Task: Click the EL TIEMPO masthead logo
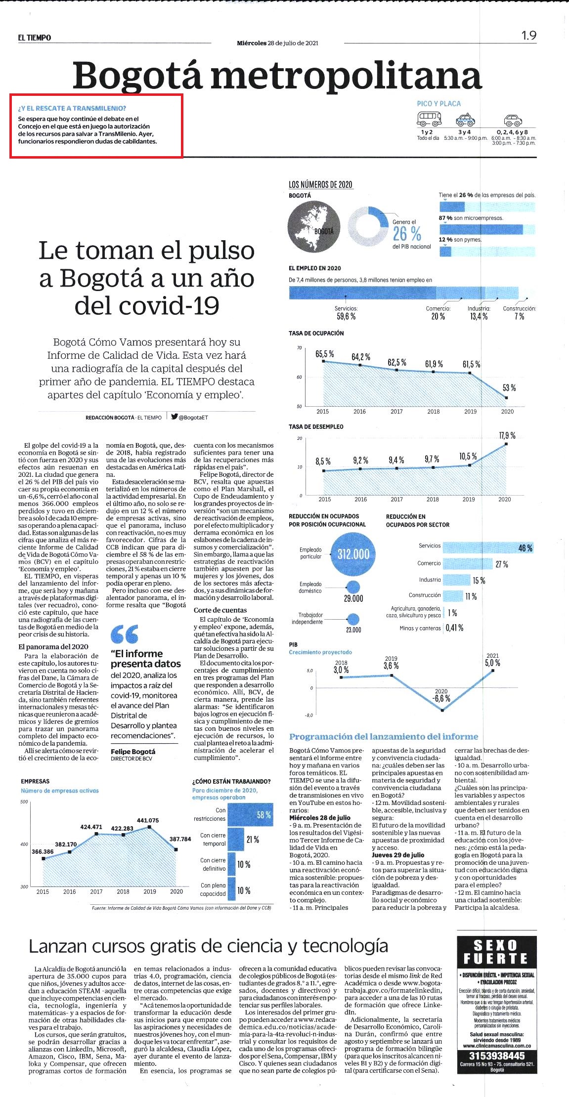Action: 35,38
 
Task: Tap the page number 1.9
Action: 528,36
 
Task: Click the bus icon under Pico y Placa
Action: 429,119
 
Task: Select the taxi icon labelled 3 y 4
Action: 464,120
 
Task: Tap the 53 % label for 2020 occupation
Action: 509,388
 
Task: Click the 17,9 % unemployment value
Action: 507,435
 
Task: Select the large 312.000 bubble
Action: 353,554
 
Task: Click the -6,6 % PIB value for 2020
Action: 441,699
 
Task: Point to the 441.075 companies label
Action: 148,821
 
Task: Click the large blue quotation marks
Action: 125,633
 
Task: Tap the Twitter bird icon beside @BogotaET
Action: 174,417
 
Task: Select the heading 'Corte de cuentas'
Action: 220,610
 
